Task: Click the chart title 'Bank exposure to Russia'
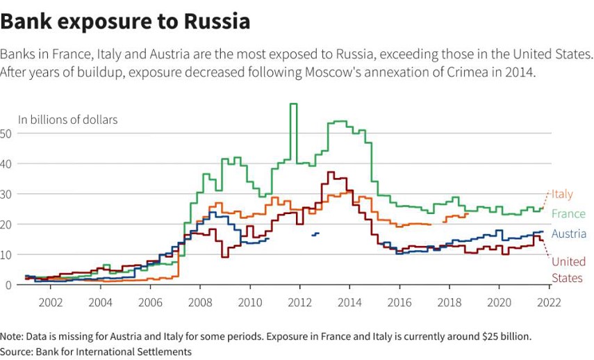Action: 125,22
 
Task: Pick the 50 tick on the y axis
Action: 8,133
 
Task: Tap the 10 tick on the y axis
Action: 8,254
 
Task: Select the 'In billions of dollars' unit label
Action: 68,120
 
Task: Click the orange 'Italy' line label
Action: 563,195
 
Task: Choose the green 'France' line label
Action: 568,213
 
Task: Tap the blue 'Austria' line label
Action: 569,234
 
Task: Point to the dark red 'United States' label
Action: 568,270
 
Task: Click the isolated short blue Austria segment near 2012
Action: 315,234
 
